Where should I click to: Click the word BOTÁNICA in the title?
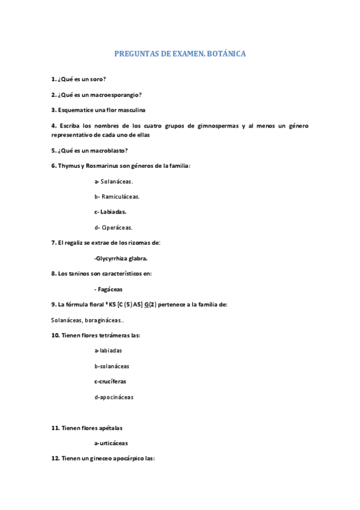point(225,54)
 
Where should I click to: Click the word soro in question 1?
point(98,79)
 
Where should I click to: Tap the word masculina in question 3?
point(130,110)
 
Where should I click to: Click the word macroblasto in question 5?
point(107,150)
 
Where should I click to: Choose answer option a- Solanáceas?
point(114,181)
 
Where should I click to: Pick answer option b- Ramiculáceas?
point(117,197)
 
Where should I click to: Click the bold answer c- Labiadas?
point(110,212)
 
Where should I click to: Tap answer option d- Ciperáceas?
point(113,227)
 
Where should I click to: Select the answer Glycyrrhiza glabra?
point(121,259)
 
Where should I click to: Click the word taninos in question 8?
point(79,274)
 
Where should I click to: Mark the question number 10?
point(55,335)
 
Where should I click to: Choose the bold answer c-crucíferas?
point(110,381)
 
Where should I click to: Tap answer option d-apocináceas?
point(114,397)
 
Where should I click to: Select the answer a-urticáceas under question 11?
point(111,443)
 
